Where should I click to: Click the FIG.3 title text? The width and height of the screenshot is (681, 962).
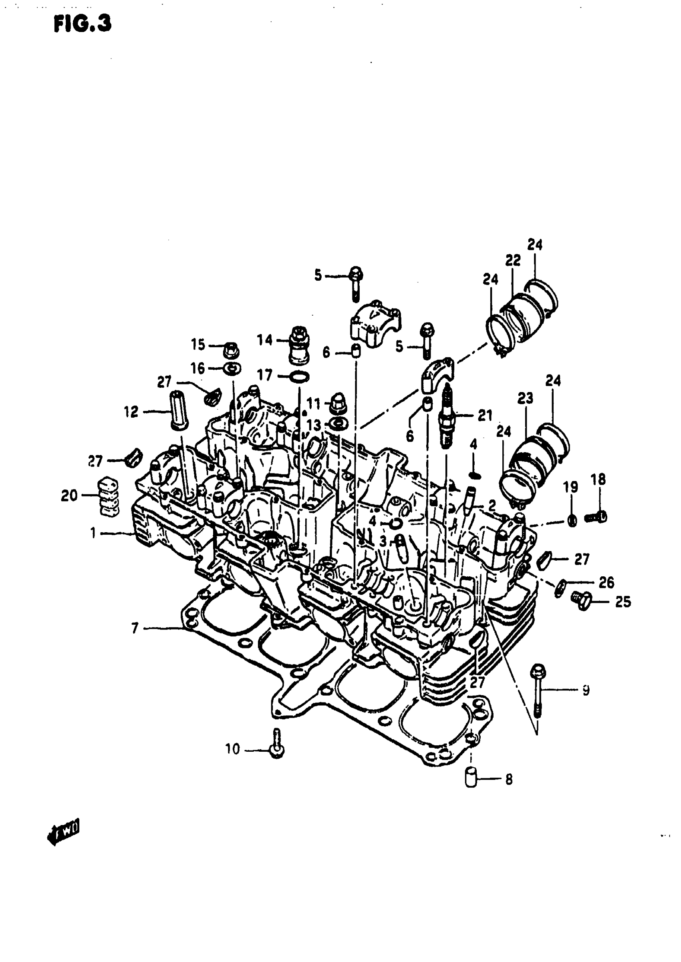83,25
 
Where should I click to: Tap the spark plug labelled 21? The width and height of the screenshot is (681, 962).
447,417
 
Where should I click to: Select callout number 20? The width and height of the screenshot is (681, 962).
69,496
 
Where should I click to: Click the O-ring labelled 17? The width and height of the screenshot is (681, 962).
299,376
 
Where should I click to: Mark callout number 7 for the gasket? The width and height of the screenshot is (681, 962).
135,628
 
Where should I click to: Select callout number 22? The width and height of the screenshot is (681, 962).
512,260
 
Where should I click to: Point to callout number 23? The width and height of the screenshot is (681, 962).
525,397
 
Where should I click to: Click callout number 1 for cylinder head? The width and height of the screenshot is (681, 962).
93,533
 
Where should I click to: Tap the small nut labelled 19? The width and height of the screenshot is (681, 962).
572,521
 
